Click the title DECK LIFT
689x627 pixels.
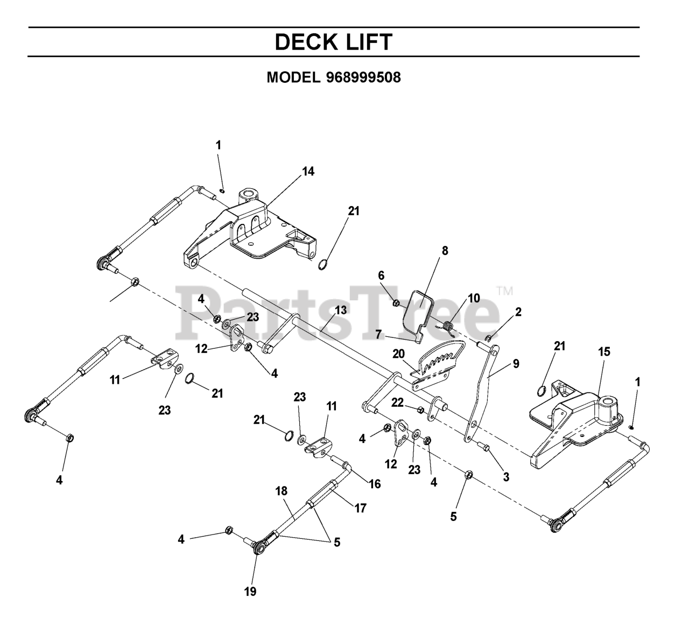(x=334, y=42)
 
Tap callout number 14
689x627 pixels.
(x=308, y=171)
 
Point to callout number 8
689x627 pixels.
(x=445, y=251)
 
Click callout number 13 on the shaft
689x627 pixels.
(x=340, y=310)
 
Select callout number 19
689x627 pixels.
(x=250, y=591)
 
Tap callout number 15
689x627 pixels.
(x=604, y=351)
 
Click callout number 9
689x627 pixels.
(x=516, y=364)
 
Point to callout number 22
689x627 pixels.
(x=397, y=403)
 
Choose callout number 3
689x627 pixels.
(x=506, y=476)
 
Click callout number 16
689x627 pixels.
(x=375, y=484)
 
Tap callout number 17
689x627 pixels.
(x=360, y=508)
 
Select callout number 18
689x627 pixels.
(x=282, y=491)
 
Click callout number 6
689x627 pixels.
(x=381, y=275)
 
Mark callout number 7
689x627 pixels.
(x=378, y=334)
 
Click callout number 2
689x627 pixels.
(x=518, y=312)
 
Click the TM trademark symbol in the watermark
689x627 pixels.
(x=504, y=291)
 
